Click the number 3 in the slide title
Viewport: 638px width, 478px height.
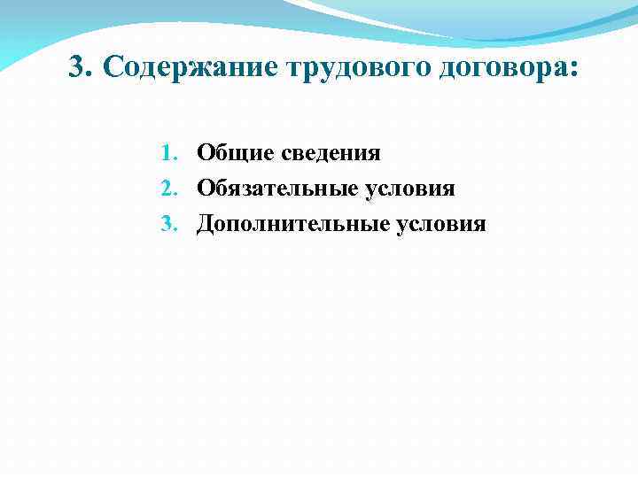pyautogui.click(x=77, y=68)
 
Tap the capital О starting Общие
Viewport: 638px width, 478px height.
pyautogui.click(x=205, y=153)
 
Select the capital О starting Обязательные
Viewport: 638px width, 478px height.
pyautogui.click(x=205, y=189)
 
